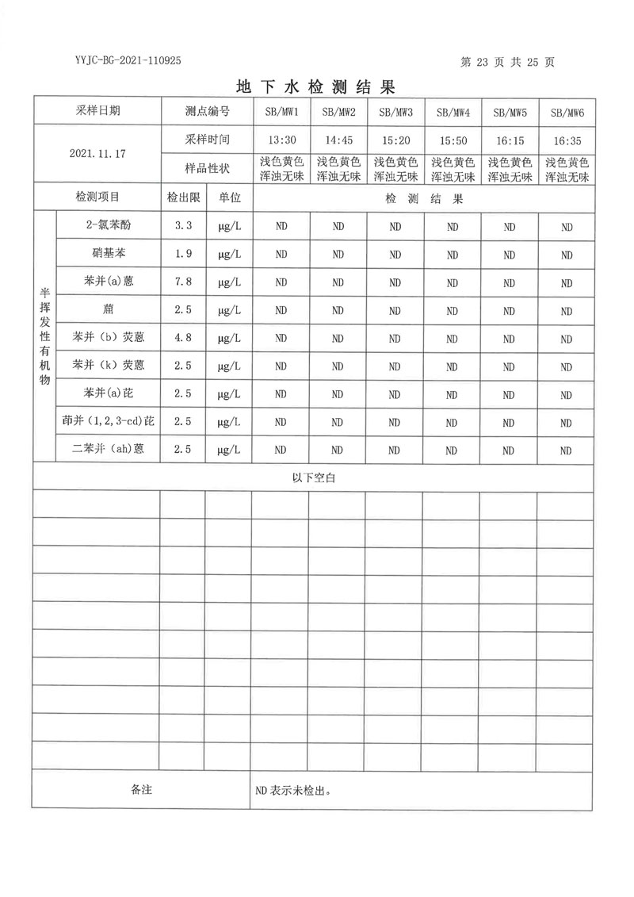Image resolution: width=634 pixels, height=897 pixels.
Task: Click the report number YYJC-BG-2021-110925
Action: [128, 60]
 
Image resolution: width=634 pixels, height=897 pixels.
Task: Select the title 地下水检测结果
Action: [315, 86]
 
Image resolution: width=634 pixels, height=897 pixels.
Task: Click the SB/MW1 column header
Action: [281, 113]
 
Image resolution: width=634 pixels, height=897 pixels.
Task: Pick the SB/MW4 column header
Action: [453, 113]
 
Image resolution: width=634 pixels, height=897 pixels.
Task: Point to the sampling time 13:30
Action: [281, 140]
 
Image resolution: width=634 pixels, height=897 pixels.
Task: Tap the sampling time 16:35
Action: [567, 140]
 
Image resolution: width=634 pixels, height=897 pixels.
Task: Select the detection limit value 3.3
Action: [183, 226]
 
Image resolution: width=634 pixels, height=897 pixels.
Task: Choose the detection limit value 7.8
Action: [183, 282]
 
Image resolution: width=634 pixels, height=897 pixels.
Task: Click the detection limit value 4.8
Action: [183, 338]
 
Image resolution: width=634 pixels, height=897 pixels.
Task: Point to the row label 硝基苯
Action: [108, 254]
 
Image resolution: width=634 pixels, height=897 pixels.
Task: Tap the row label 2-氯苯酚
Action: [108, 226]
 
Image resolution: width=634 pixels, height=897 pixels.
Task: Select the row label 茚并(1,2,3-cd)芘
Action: [108, 421]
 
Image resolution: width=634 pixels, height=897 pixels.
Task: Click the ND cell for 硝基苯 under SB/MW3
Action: [395, 255]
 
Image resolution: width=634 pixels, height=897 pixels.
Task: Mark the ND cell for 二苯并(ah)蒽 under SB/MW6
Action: [567, 450]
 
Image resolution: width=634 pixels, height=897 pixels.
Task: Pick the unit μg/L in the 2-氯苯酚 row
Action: [229, 227]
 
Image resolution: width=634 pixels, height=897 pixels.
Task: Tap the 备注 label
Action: [140, 790]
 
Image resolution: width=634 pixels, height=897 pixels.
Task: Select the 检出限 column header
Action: [183, 197]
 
